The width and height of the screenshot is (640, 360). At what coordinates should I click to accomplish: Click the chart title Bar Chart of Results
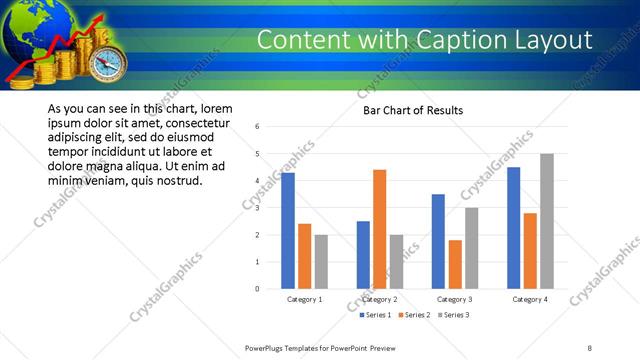[412, 111]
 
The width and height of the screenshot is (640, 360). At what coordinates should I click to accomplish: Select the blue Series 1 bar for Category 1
[288, 231]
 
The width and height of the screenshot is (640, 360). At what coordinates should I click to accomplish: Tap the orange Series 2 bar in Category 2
[379, 229]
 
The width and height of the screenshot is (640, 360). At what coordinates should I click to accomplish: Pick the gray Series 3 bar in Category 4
[546, 221]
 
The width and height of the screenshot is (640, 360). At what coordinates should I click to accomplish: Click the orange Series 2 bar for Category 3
[455, 264]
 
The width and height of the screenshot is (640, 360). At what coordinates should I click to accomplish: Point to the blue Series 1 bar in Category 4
[514, 228]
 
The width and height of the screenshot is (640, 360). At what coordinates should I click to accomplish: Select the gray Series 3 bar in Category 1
[321, 262]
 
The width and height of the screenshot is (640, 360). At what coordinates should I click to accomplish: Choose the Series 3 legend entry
[452, 315]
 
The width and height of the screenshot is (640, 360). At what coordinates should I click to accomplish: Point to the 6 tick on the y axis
[258, 127]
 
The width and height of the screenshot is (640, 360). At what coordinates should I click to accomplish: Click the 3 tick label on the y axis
[258, 208]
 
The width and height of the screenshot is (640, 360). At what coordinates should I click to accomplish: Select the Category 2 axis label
[379, 299]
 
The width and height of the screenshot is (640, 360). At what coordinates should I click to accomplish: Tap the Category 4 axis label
[530, 299]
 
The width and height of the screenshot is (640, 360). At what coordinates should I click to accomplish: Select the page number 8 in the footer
[590, 347]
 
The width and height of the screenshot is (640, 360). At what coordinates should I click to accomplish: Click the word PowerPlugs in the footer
[268, 347]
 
